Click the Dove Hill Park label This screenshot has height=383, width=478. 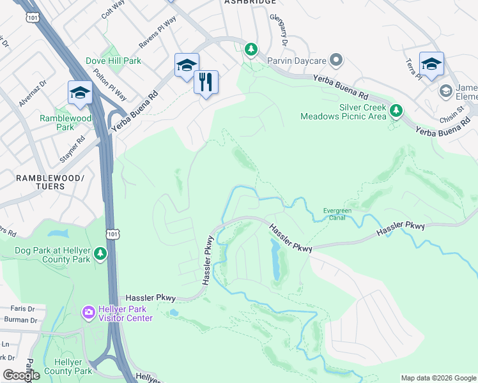click(x=113, y=61)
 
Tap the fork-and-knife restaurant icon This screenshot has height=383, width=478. click(x=206, y=82)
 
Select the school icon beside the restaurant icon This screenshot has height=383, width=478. click(x=187, y=65)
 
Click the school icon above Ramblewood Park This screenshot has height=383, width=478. click(x=80, y=93)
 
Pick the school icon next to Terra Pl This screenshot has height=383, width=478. click(x=431, y=64)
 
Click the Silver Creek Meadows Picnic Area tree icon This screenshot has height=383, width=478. click(x=396, y=112)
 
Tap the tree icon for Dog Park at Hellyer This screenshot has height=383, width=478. click(x=100, y=254)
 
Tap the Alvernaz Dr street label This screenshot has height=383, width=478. click(x=33, y=93)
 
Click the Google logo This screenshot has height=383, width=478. click(x=20, y=375)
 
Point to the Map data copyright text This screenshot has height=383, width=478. click(x=438, y=378)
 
